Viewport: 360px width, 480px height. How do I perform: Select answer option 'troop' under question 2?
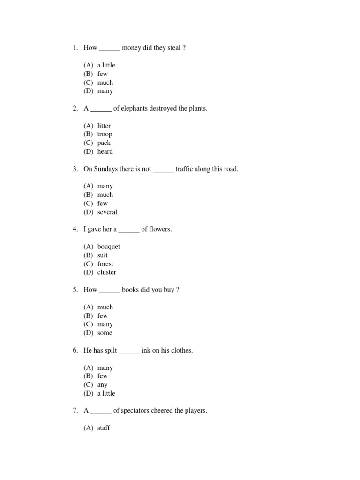pos(105,134)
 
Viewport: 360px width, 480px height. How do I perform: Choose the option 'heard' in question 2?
pos(105,151)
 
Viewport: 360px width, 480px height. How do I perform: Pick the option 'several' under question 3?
pos(107,212)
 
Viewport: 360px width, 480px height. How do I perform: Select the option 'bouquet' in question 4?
pos(109,247)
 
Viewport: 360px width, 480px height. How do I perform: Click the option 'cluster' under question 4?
pos(107,272)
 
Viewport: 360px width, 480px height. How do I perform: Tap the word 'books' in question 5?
pos(130,290)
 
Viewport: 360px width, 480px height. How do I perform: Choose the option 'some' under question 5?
pos(105,333)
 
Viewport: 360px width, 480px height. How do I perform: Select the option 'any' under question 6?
pos(103,385)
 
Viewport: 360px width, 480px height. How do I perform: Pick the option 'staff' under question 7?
pos(104,428)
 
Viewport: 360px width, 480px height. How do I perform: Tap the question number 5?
pos(75,290)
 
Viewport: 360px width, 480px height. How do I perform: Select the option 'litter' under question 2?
pos(104,126)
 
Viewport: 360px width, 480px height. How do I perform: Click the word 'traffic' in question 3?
pos(186,169)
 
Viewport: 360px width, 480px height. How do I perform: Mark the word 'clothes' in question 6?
pos(181,350)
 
